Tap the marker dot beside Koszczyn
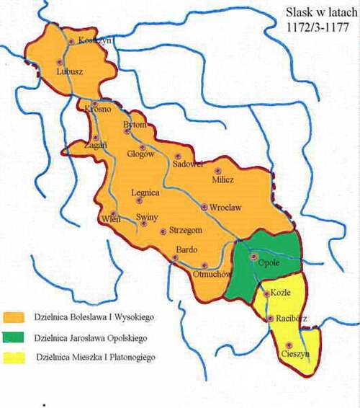click(x=71, y=41)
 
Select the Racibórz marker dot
click(x=270, y=318)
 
